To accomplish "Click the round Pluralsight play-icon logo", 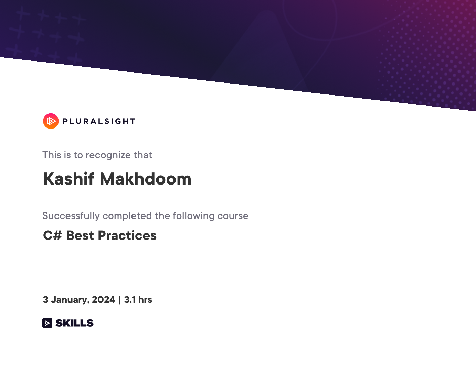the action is (51, 121).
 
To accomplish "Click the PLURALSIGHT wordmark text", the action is (99, 121).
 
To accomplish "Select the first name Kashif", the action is (69, 179).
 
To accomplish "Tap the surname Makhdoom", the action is (146, 179).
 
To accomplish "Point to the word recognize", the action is (108, 155).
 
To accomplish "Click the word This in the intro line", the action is (52, 155).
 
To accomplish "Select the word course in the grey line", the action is (233, 216).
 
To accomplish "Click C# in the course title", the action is (53, 235).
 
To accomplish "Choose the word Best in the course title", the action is (80, 235).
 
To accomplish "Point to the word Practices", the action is (127, 235).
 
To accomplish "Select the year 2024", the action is (103, 300).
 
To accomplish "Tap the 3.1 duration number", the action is (130, 300).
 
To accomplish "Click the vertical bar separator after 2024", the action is (120, 300).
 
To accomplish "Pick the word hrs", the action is (145, 300).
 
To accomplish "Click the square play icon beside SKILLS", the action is (47, 323).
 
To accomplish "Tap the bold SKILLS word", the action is (74, 323).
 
